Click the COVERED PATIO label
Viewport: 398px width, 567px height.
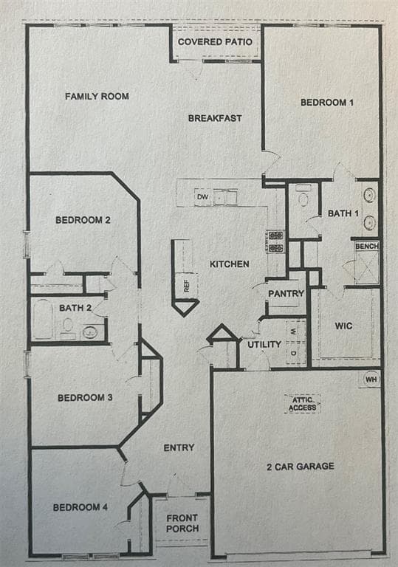point(215,42)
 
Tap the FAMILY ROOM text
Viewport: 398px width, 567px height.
point(97,96)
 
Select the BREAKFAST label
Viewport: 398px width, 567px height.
point(215,118)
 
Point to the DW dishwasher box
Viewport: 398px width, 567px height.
point(202,197)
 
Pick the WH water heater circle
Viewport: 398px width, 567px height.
point(371,379)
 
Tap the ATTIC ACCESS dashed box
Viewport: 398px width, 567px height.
point(303,404)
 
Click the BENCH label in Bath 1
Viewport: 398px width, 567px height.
point(367,247)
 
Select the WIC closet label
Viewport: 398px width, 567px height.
point(343,326)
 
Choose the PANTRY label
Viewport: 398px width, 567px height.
point(286,294)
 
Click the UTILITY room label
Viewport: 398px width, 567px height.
point(264,345)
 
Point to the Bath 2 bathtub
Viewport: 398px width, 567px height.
point(43,319)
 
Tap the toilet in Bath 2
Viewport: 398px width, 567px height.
point(68,326)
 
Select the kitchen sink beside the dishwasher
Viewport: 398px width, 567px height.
point(225,197)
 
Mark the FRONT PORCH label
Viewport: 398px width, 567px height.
point(182,523)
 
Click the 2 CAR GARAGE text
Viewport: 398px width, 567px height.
point(301,467)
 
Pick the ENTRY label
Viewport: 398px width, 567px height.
point(179,448)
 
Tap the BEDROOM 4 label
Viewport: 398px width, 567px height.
point(80,507)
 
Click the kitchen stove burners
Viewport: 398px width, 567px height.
point(275,242)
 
